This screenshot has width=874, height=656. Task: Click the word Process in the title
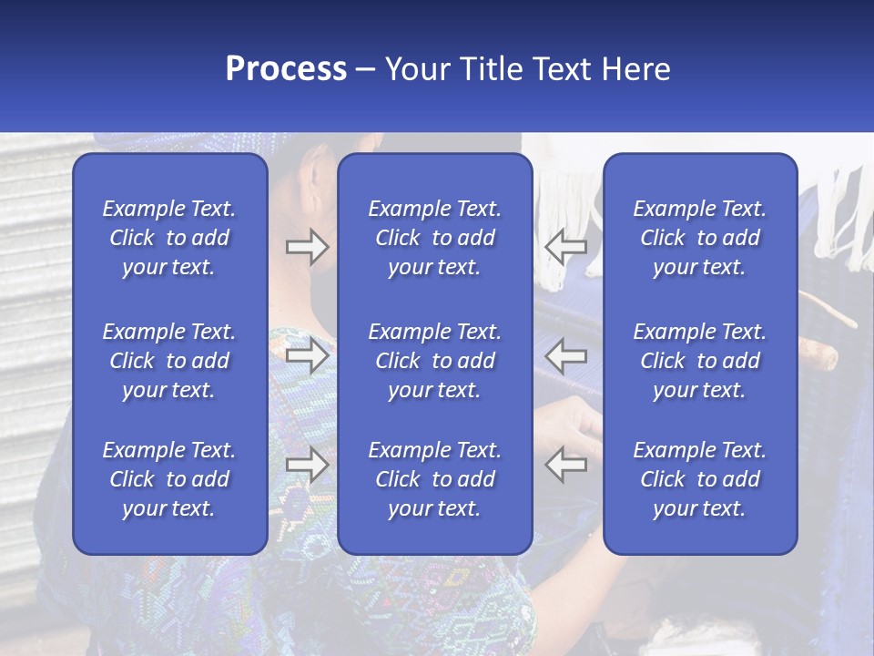[x=286, y=69]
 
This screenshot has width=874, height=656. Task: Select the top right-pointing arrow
[x=307, y=246]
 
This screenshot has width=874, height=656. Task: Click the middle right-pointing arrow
[x=307, y=355]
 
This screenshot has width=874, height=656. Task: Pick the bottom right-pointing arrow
[x=307, y=465]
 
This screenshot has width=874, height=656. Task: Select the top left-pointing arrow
[x=565, y=246]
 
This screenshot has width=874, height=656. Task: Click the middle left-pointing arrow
[x=565, y=355]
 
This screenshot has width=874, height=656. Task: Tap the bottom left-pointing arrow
[x=565, y=465]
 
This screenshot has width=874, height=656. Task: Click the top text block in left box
[x=169, y=238]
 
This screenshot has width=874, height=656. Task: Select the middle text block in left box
[x=169, y=361]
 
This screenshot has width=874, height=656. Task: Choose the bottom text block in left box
[x=169, y=479]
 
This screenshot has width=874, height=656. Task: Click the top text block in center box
[x=434, y=238]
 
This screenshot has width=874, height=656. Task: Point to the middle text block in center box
[x=434, y=361]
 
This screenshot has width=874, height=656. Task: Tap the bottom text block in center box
[x=434, y=479]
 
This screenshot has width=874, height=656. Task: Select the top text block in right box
[x=699, y=238]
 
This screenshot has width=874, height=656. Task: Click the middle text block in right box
[x=699, y=361]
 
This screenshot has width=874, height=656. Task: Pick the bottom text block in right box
[x=699, y=479]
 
